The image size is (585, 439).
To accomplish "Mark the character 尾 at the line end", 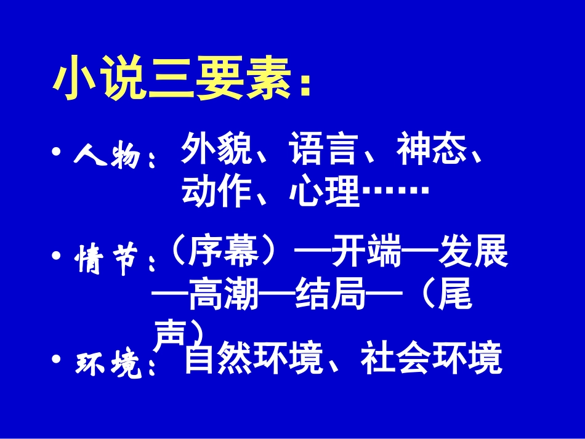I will tap(455, 298).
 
